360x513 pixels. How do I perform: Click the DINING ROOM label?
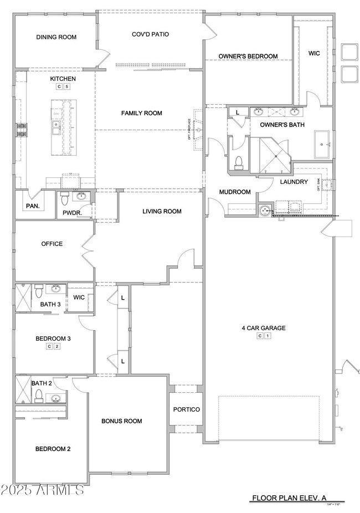coord(56,37)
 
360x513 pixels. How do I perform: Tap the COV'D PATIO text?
coord(150,34)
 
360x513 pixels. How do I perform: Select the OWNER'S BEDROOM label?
coord(248,56)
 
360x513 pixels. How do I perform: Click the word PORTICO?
coord(186,409)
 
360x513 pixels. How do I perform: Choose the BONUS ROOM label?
coord(121,421)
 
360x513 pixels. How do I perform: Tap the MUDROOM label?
coord(235,192)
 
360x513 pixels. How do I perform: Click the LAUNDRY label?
coord(294,182)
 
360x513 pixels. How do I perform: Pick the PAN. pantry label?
coord(32,206)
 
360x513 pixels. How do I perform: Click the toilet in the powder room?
coord(64,197)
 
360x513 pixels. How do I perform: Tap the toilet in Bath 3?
coord(39,290)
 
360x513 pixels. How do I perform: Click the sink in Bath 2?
coord(56,397)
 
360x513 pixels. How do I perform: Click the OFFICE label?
coord(52,244)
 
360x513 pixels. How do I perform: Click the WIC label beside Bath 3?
coord(79,298)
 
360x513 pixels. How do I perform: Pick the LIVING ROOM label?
coord(162,211)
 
